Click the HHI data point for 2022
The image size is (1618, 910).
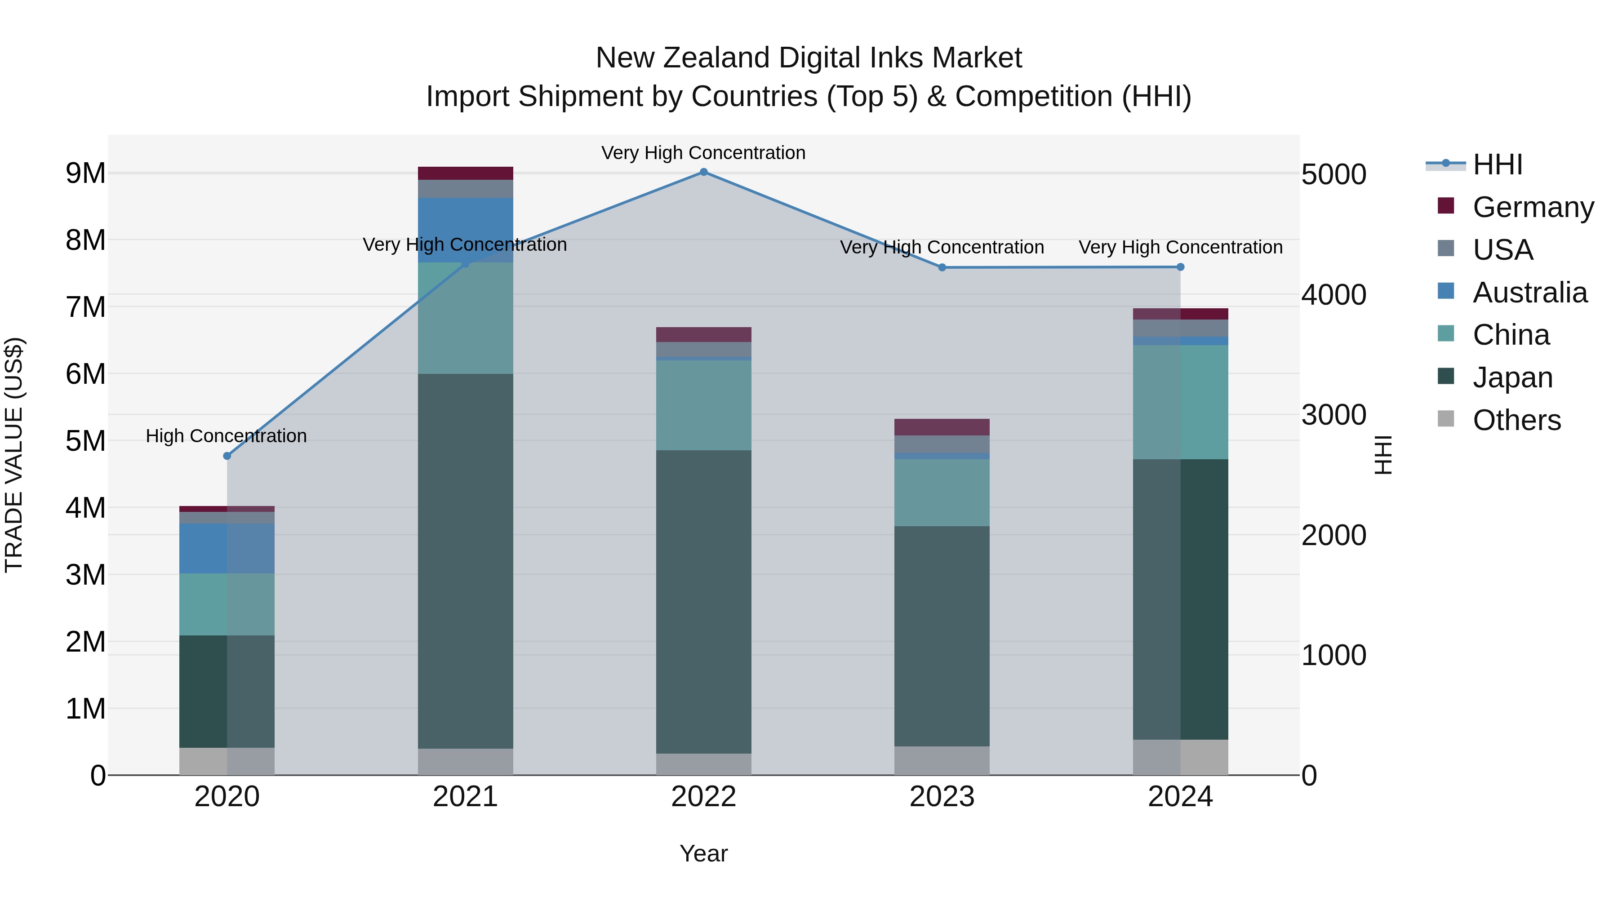pos(703,172)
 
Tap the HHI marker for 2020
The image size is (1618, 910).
pos(227,456)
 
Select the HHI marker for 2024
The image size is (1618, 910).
pos(1180,267)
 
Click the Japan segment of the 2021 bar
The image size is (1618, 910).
pos(466,561)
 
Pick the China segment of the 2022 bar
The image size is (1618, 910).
pos(703,405)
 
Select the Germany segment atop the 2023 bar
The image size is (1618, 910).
pos(942,427)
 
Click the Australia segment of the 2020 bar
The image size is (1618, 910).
pos(227,548)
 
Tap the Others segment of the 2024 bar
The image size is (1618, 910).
pos(1180,757)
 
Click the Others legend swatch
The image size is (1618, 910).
pos(1445,419)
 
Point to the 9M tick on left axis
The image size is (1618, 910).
pos(86,173)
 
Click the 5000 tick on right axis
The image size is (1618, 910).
pos(1334,175)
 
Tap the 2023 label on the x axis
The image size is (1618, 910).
pos(942,797)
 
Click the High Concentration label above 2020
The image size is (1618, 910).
pos(226,436)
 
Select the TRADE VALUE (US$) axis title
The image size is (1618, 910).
pos(14,455)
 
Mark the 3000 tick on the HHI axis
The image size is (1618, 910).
pos(1334,415)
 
